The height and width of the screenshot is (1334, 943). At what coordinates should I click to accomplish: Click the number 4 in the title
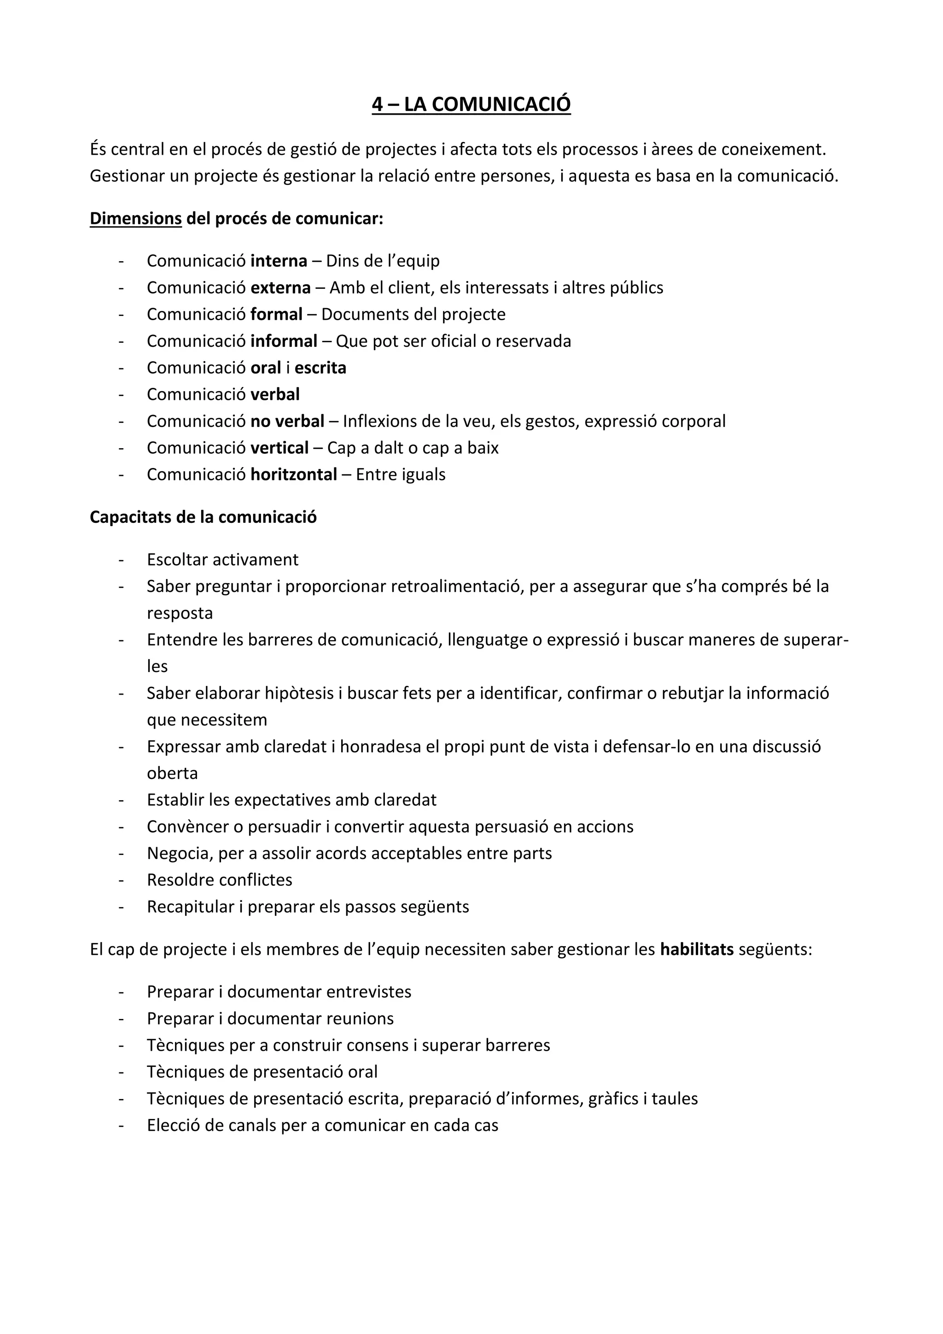(x=378, y=104)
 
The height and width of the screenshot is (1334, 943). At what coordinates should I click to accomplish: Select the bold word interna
(x=279, y=261)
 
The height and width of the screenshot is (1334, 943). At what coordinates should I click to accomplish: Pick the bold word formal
(x=276, y=314)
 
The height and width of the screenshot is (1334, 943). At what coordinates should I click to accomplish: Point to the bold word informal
(x=284, y=341)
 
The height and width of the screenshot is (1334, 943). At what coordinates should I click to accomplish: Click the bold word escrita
(x=320, y=368)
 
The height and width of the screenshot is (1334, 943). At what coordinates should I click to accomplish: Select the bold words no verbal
(x=287, y=421)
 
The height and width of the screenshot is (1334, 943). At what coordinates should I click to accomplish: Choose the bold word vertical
(x=279, y=448)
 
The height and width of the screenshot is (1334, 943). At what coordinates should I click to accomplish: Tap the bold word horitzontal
(x=294, y=475)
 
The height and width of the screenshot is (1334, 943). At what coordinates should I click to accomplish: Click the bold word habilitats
(x=697, y=949)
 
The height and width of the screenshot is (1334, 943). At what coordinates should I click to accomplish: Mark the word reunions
(x=360, y=1018)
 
